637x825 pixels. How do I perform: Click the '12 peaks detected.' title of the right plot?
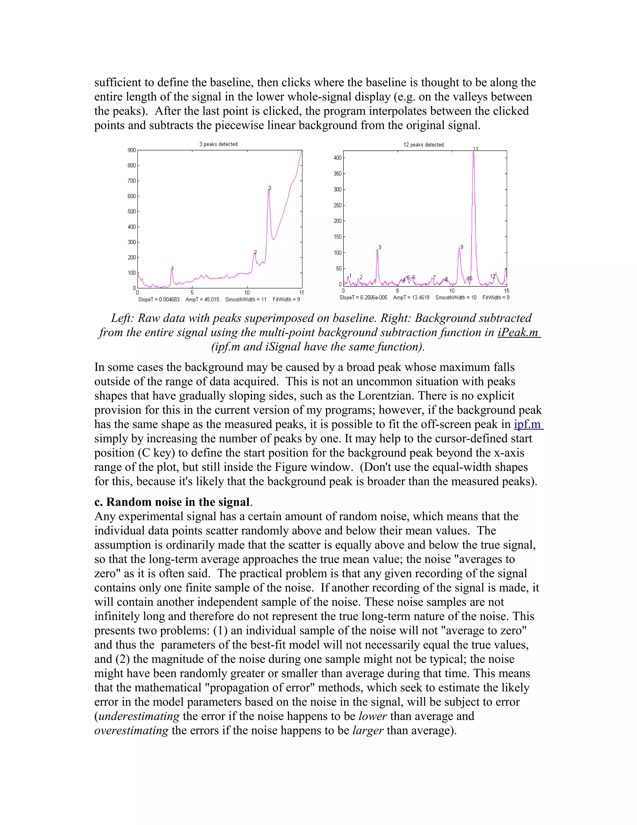[424, 145]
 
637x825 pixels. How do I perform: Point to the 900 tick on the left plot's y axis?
[131, 150]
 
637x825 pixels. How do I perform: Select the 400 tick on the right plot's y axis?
[337, 158]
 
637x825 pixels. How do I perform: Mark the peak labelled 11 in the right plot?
[474, 151]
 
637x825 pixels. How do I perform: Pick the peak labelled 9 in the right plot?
[459, 248]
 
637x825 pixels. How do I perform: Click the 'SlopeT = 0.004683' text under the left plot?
[159, 299]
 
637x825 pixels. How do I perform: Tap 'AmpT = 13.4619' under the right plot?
[411, 298]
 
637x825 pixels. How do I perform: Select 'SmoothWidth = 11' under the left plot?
[246, 299]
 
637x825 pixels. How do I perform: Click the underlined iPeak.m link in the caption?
[519, 332]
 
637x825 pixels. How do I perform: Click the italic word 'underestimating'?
[138, 716]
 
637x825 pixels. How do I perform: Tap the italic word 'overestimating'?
[131, 731]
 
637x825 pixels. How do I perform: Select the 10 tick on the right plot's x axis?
[452, 291]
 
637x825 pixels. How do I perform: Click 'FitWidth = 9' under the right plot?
[496, 298]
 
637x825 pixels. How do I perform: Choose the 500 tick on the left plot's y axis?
[131, 211]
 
